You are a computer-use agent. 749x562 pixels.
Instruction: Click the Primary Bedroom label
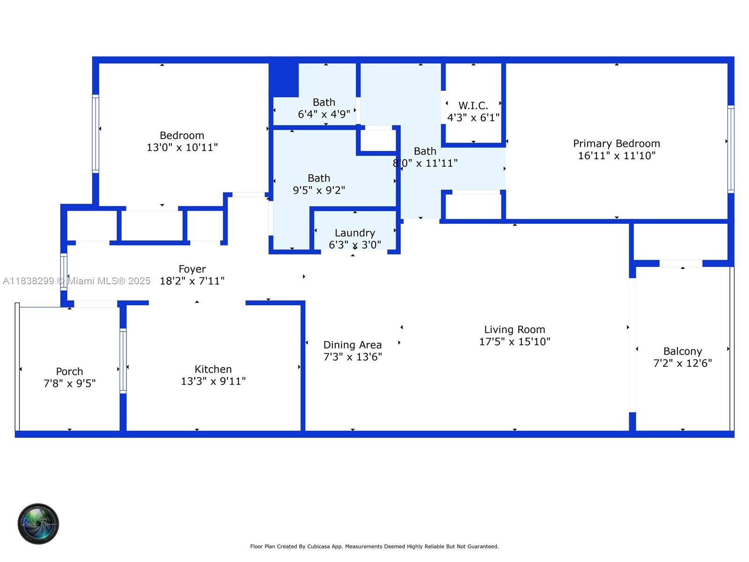[x=616, y=144]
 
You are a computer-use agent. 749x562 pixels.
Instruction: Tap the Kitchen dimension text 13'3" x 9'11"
[x=213, y=381]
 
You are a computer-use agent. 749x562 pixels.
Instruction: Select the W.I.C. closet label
[x=473, y=106]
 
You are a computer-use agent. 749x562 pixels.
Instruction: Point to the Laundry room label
[x=354, y=233]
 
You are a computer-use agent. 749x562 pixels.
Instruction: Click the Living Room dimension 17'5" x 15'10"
[x=514, y=342]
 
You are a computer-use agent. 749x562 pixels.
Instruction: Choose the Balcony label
[x=682, y=351]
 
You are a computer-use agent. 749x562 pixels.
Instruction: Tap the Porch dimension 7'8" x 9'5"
[x=69, y=384]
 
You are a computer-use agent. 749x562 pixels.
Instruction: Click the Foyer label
[x=192, y=269]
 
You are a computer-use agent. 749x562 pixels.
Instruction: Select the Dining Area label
[x=352, y=345]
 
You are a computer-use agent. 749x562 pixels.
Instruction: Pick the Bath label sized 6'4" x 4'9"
[x=323, y=103]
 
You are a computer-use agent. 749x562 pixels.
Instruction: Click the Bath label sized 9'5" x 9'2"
[x=318, y=178]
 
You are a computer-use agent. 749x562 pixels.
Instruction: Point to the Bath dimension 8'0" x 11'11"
[x=425, y=163]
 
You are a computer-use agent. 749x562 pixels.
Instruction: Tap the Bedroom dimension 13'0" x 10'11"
[x=182, y=148]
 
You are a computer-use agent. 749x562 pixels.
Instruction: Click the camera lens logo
[x=38, y=524]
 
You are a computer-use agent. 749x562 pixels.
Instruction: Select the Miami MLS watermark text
[x=76, y=281]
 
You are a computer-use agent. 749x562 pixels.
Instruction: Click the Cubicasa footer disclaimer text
[x=374, y=547]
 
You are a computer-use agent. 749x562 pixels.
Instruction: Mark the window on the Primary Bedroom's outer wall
[x=730, y=149]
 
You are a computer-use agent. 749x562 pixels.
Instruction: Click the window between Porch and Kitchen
[x=123, y=361]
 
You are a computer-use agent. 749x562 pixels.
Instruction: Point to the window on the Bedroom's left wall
[x=95, y=134]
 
